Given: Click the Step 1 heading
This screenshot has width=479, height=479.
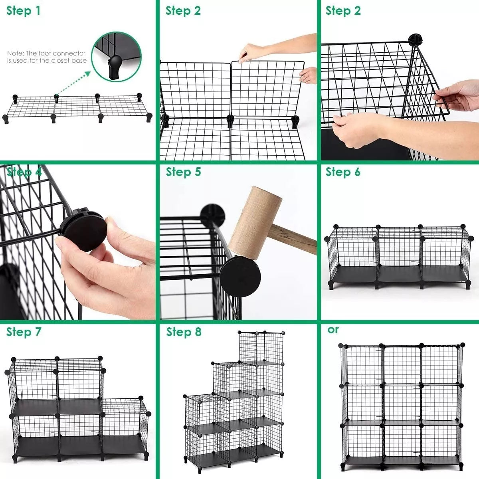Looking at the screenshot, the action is tap(23, 11).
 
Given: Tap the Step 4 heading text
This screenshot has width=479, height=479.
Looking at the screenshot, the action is tap(24, 172).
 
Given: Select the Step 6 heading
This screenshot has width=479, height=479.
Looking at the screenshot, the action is tap(343, 172).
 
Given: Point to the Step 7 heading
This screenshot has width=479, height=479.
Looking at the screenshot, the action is tap(24, 332).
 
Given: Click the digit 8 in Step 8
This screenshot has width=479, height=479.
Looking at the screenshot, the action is tap(198, 332).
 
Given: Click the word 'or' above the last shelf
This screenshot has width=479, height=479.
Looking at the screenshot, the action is tap(333, 330).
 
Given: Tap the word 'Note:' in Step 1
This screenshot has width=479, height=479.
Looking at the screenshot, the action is tap(16, 53).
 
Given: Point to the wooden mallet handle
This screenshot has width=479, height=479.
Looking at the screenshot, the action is tap(295, 238).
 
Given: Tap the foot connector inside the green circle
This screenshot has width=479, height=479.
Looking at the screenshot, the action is tap(115, 67).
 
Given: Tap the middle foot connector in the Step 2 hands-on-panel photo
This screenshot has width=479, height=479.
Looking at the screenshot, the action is tap(230, 120).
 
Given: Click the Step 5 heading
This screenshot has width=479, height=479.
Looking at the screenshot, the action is tap(184, 172).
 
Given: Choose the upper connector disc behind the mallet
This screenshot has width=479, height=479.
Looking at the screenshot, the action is tap(212, 214).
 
